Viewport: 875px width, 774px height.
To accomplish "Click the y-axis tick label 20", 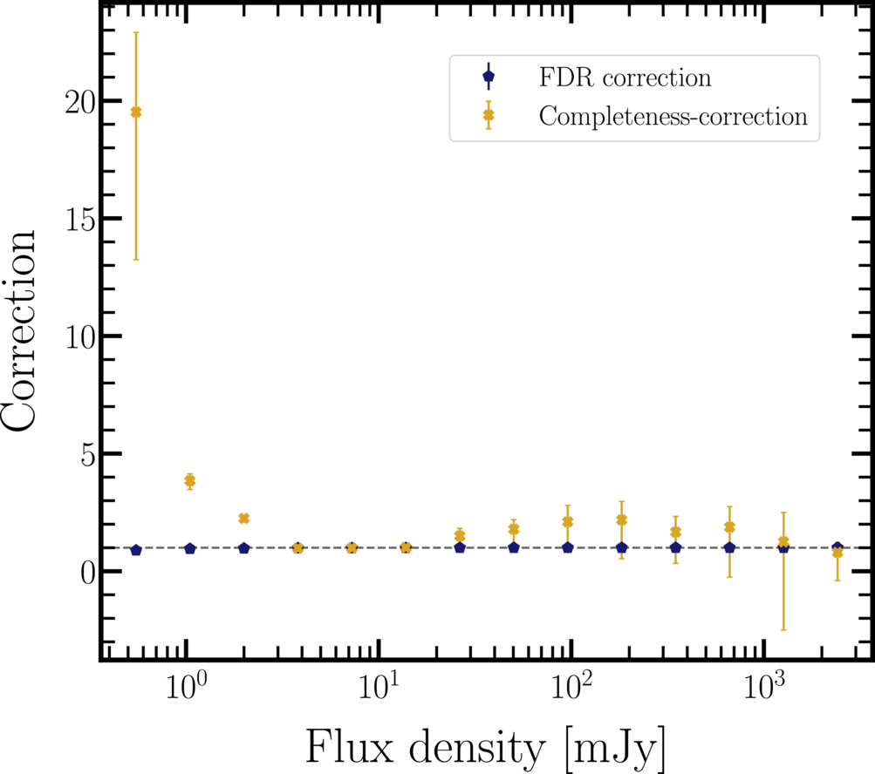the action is tap(79, 102).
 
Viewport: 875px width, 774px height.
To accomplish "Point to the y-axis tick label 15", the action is tap(79, 220).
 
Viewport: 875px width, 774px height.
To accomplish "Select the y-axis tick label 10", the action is tap(79, 337).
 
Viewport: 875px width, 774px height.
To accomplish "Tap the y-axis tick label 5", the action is tap(87, 455).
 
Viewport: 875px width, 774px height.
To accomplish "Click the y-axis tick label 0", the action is tap(87, 573).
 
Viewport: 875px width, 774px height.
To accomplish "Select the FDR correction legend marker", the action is tap(489, 77).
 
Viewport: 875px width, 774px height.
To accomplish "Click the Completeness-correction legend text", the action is tap(673, 117).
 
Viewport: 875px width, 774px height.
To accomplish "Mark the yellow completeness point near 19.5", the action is tap(135, 112).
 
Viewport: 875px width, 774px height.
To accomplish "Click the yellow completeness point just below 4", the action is tap(189, 480).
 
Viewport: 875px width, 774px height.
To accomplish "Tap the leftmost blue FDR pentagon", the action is tap(135, 550).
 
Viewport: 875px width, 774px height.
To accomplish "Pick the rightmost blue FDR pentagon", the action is tap(837, 547).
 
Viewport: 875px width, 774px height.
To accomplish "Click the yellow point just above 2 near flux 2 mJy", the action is tap(244, 519).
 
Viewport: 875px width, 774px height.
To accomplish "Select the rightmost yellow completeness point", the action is tap(837, 553).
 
